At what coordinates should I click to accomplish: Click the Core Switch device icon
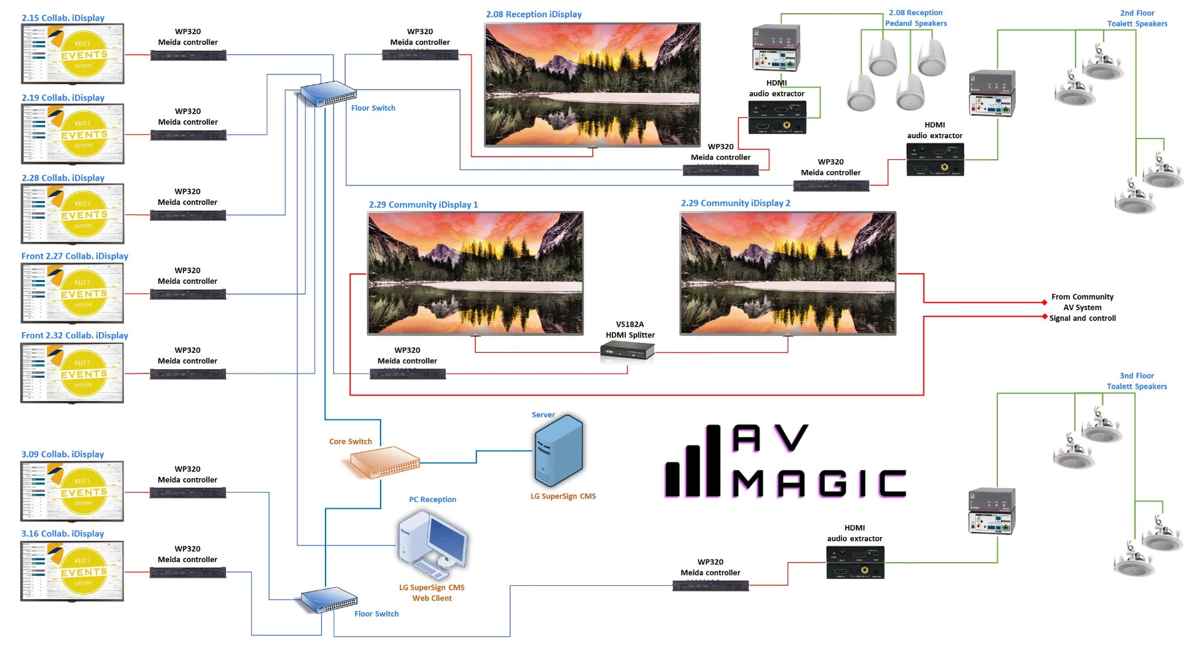click(381, 462)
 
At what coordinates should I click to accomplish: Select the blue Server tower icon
click(558, 451)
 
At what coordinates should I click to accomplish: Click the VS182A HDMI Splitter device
click(627, 353)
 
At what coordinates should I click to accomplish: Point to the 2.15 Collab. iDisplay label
click(63, 18)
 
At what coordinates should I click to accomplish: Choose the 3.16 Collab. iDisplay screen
click(72, 571)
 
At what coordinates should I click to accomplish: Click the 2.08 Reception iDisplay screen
click(592, 85)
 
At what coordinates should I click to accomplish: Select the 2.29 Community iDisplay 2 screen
click(788, 273)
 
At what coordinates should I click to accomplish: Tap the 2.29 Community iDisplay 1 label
click(423, 204)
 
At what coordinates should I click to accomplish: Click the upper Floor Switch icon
click(327, 94)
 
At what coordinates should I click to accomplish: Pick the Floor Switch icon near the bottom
click(329, 600)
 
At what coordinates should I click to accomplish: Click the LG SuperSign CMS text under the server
click(563, 496)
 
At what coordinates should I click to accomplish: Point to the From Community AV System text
click(1082, 302)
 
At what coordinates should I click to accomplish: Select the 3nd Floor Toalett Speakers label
click(1136, 381)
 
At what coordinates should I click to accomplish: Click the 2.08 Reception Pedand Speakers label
click(915, 18)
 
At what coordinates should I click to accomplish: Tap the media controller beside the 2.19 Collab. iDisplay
click(188, 135)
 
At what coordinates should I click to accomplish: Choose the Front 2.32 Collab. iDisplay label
click(74, 335)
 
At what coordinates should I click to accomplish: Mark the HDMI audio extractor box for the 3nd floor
click(855, 562)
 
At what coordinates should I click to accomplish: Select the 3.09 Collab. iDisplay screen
click(72, 491)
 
